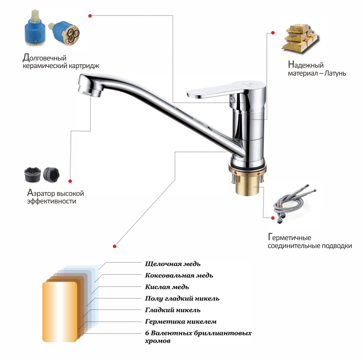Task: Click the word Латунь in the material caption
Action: [x=335, y=73]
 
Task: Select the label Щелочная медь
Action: [x=172, y=264]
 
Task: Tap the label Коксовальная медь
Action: [x=179, y=276]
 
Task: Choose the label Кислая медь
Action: [x=167, y=287]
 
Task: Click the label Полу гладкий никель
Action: [x=182, y=299]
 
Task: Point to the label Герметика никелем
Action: [x=181, y=321]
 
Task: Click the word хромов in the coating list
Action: [x=158, y=341]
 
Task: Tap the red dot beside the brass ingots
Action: [x=273, y=33]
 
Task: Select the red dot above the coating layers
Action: [x=114, y=246]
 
